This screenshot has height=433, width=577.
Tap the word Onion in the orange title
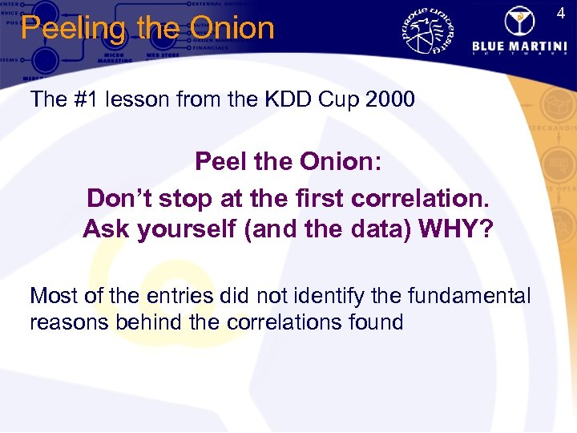pyautogui.click(x=232, y=28)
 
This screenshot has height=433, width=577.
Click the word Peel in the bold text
pyautogui.click(x=219, y=163)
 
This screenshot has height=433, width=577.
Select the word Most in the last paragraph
pyautogui.click(x=54, y=296)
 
